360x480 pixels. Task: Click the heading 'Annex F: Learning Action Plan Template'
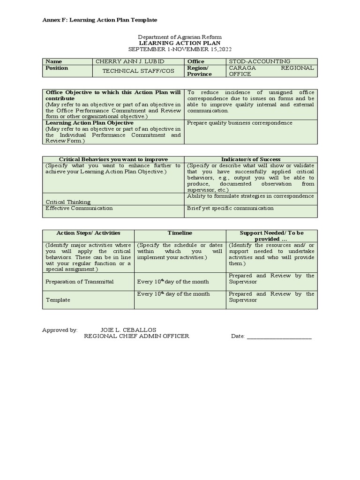pos(100,20)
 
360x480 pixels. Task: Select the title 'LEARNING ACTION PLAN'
pos(180,43)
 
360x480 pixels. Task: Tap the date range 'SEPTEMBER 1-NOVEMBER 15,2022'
pos(180,49)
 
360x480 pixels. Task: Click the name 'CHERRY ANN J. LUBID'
pos(130,61)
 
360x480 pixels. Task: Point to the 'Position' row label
pos(57,68)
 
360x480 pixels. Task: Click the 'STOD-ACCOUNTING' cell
pos(259,61)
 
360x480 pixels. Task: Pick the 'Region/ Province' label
pos(199,71)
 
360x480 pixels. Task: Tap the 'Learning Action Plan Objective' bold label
pos(90,123)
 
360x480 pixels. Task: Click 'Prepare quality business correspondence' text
pos(240,123)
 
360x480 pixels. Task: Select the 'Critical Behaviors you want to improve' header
pos(113,159)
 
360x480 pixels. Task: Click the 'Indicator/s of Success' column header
pos(251,159)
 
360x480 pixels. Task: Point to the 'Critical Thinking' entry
pos(68,202)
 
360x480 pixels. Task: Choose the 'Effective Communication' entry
pos(79,208)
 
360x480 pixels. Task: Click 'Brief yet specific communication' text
pos(230,208)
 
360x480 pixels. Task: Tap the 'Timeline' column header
pos(180,233)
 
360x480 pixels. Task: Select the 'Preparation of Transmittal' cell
pos(80,282)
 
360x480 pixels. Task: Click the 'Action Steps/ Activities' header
pos(88,233)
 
